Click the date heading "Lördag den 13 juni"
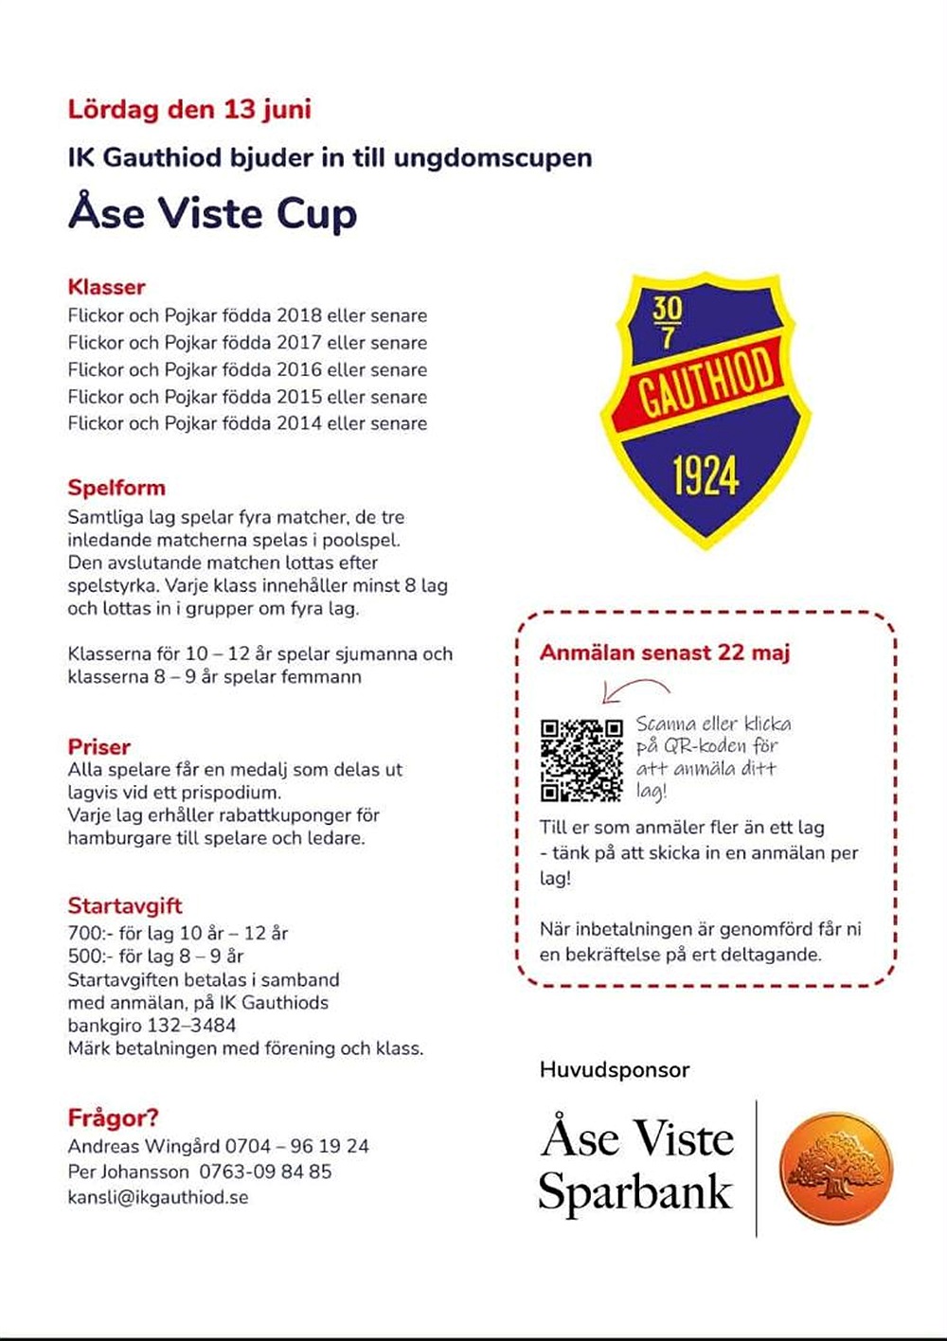pos(189,109)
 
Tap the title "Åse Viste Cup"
pos(212,212)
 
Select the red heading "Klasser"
pos(106,286)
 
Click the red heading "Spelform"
pos(116,488)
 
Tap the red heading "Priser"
pos(98,746)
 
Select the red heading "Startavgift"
pos(124,905)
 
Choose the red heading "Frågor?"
pos(113,1117)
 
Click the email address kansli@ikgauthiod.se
pos(157,1197)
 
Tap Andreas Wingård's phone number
pos(296,1146)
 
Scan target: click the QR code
pos(581,760)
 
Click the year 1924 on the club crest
pos(706,474)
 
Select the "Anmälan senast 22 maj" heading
pos(665,653)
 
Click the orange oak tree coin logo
pos(835,1166)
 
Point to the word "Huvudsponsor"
pos(615,1070)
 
